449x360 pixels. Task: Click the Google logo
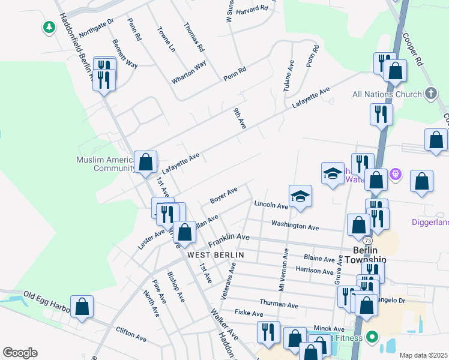[20, 353]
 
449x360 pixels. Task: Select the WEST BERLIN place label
[215, 255]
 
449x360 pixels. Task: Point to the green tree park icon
[49, 28]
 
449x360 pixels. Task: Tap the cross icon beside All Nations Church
[430, 94]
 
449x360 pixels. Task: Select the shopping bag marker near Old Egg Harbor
[82, 307]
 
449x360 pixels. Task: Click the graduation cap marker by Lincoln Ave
[300, 196]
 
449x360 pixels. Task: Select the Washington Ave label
[294, 227]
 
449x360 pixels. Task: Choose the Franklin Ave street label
[229, 240]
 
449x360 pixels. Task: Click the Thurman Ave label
[279, 304]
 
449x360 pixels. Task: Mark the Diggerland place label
[430, 222]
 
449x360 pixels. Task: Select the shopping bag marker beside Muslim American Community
[145, 162]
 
